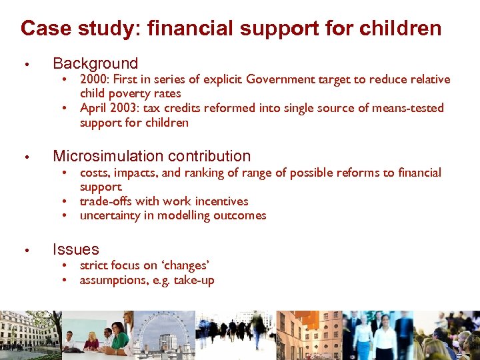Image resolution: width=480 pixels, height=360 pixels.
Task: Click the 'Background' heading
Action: point(95,64)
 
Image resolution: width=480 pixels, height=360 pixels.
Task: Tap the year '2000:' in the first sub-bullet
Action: point(95,80)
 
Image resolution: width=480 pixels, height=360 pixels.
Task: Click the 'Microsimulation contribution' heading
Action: point(151,157)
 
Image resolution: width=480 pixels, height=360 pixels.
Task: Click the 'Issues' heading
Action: point(75,250)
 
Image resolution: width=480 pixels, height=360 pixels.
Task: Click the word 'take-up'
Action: point(194,280)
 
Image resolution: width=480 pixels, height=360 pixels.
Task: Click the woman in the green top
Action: point(119,337)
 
